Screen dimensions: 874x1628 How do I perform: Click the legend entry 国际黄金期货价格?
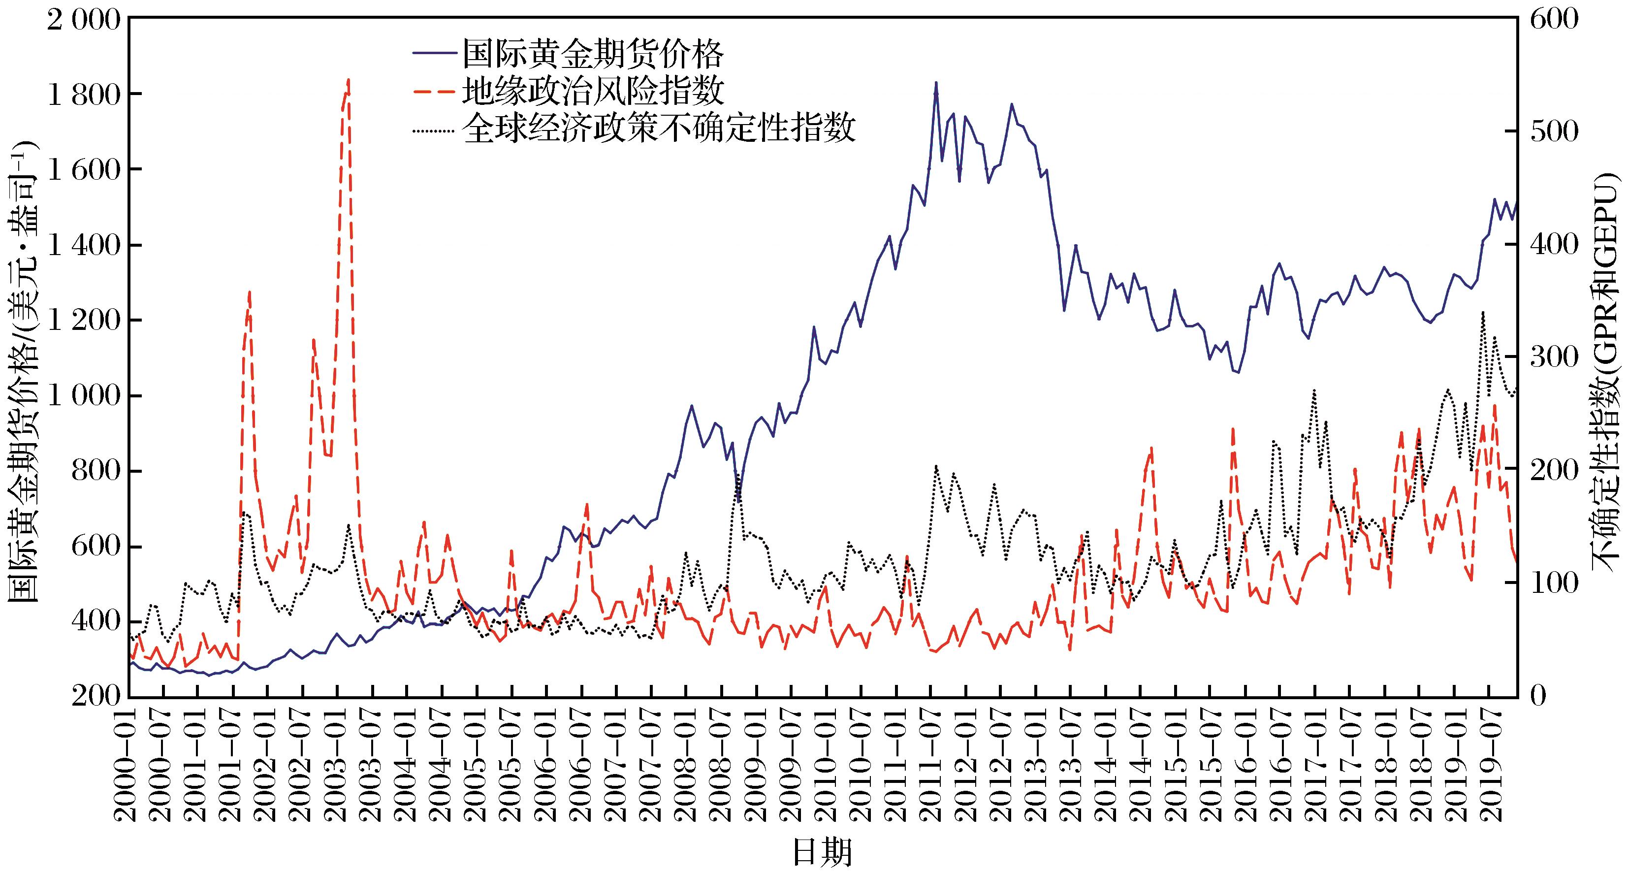[x=593, y=54]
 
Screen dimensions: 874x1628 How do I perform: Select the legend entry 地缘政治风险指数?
[x=593, y=91]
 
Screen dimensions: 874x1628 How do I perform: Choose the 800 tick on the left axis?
[x=95, y=471]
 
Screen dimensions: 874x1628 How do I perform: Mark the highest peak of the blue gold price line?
[x=936, y=82]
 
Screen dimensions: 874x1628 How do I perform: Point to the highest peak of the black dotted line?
[x=1482, y=312]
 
